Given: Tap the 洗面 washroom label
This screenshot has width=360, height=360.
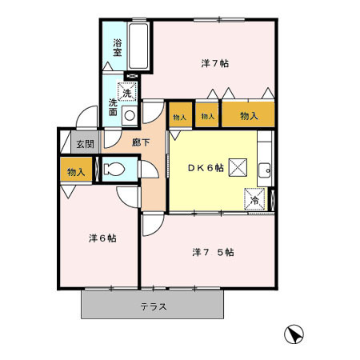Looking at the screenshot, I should click(x=114, y=107).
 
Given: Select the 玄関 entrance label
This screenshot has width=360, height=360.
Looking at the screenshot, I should click(x=83, y=144).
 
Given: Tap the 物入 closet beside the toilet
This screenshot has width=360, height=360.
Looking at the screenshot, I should click(x=75, y=171).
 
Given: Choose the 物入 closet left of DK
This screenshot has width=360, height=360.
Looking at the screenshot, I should click(x=179, y=117).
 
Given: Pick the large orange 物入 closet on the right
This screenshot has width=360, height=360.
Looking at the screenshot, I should click(x=249, y=116).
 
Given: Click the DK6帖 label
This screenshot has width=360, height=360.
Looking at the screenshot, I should click(x=206, y=167).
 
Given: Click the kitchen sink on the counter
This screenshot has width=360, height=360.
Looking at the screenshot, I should click(x=264, y=169).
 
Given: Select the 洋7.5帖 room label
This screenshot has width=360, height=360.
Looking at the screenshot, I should click(x=213, y=251).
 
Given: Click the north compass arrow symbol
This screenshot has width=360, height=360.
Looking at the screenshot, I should click(x=294, y=335).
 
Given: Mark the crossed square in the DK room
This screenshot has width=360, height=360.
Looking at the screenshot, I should click(x=238, y=167).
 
